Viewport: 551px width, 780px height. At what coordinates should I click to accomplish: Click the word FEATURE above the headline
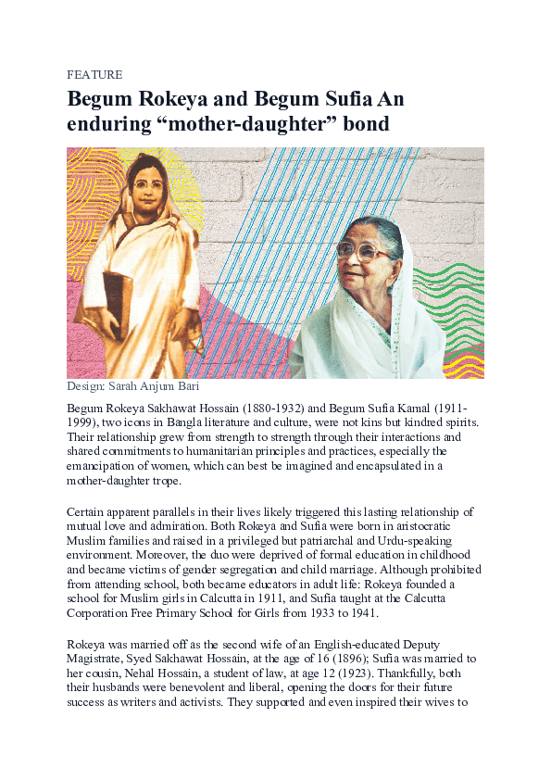click(x=94, y=74)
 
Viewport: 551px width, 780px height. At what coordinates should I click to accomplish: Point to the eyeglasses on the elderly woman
click(x=363, y=250)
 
